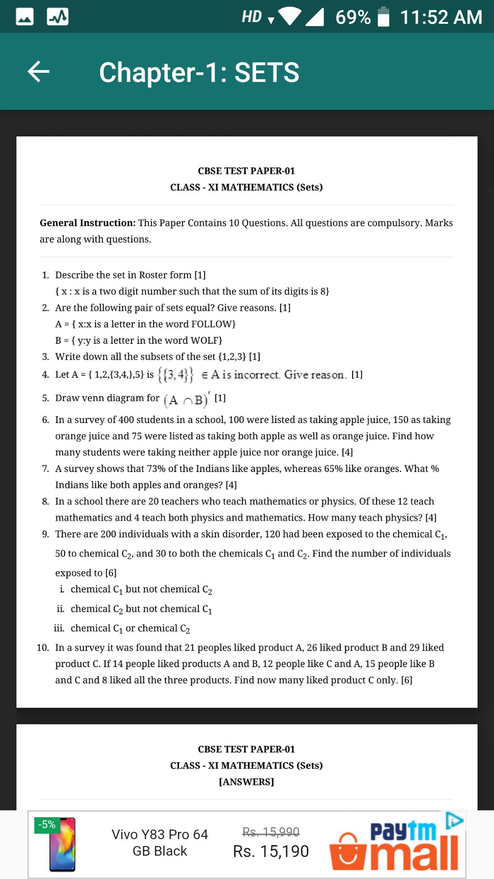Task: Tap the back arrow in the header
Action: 38,72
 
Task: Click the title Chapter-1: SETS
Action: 199,72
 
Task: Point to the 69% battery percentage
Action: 353,17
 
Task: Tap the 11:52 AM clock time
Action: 441,17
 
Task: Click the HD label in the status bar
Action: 252,17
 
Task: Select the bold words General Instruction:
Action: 87,223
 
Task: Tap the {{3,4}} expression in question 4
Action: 176,375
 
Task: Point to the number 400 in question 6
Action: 126,420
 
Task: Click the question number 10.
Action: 43,648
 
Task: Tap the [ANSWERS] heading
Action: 247,782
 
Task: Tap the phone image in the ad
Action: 62,845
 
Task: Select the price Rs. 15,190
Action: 271,852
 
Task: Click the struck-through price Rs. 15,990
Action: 271,831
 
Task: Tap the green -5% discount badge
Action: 46,825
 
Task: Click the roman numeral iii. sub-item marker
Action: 59,629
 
